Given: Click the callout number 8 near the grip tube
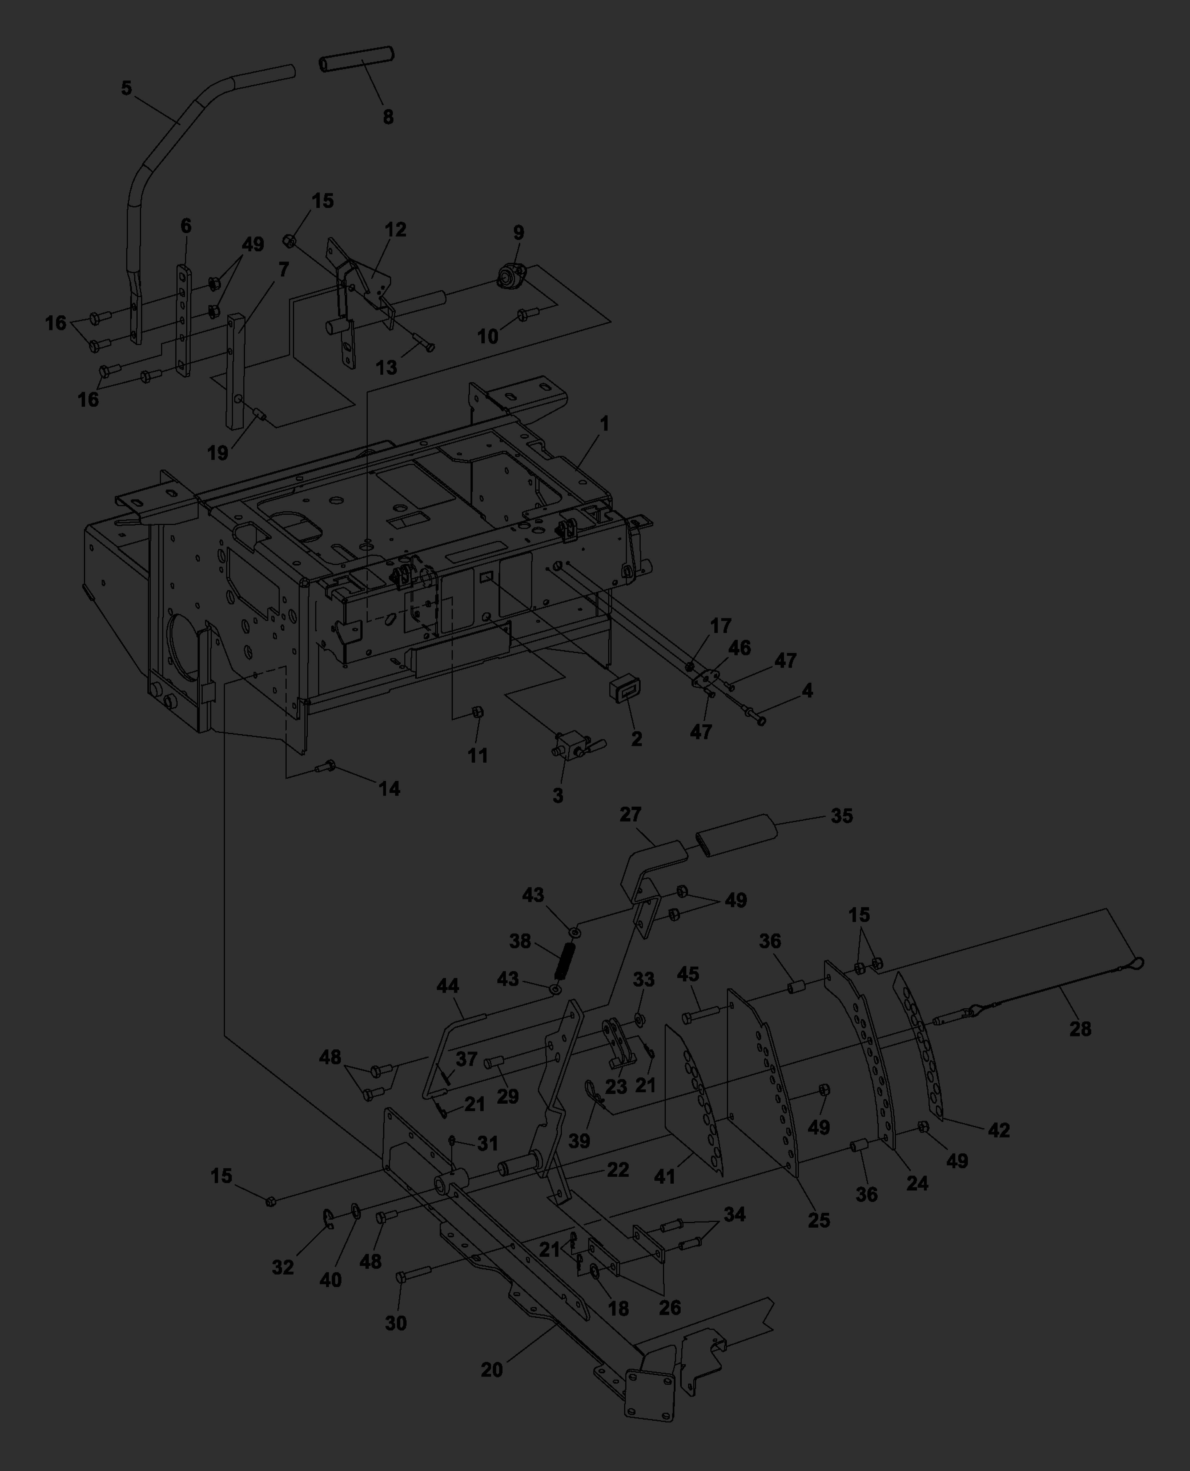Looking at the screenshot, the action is click(388, 117).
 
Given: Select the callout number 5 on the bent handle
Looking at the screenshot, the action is click(126, 89).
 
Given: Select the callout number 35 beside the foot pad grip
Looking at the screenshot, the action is click(842, 816).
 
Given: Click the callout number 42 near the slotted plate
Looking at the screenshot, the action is click(999, 1130).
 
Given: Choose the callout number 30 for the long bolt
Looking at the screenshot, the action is click(395, 1323).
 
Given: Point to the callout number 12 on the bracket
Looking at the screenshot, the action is click(395, 230).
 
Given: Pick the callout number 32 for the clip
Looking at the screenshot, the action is click(282, 1267).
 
